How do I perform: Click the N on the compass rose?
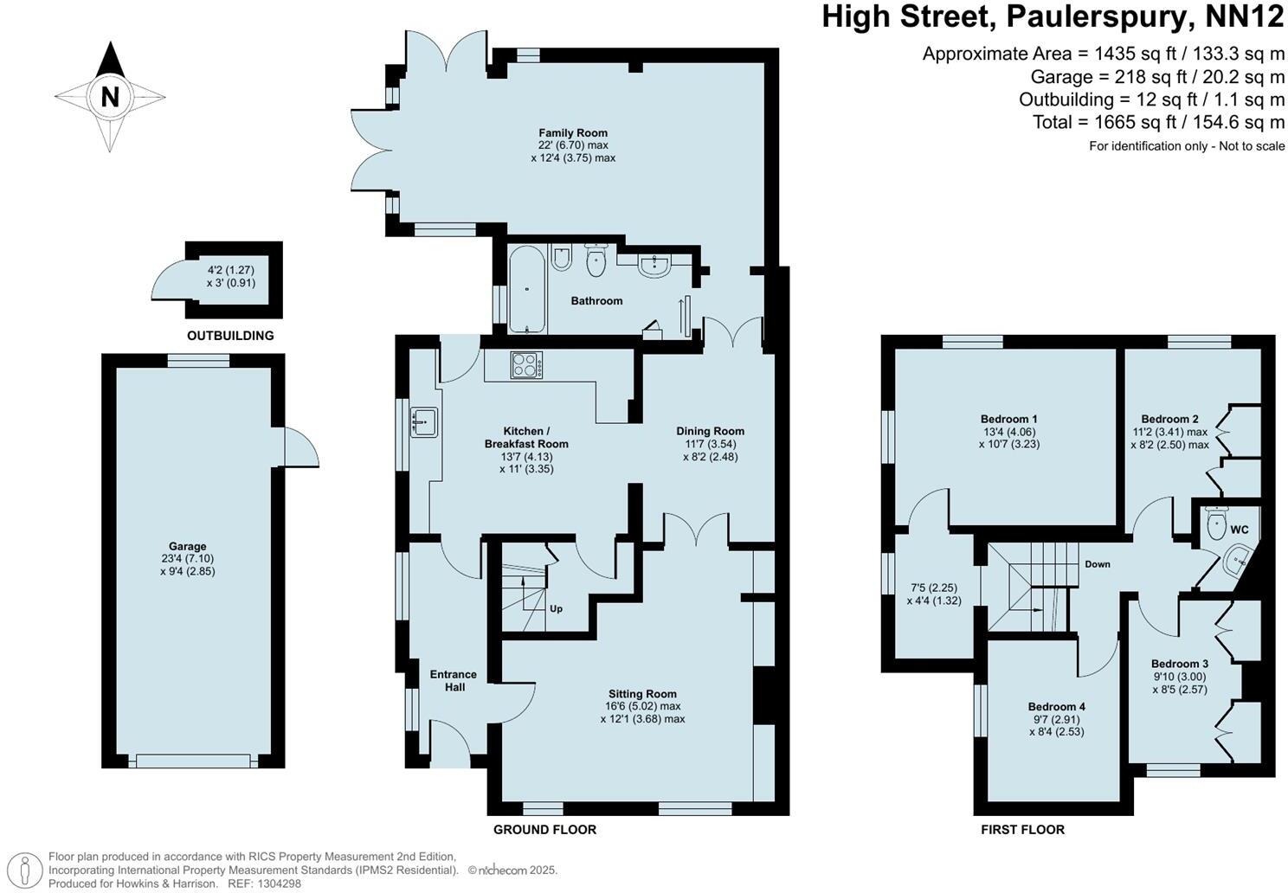[x=110, y=96]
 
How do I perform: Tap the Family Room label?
[x=573, y=132]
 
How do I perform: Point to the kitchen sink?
[x=425, y=421]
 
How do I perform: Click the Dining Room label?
[x=710, y=431]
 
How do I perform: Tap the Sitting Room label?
[x=642, y=693]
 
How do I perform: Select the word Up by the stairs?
[x=556, y=608]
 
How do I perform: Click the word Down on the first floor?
[x=1098, y=564]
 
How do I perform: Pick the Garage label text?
[x=188, y=546]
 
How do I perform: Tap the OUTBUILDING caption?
[x=230, y=336]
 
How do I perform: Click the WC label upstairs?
[x=1240, y=530]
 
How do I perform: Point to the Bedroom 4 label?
[x=1056, y=706]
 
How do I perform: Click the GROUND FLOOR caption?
[x=544, y=829]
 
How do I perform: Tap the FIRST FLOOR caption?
[x=1022, y=829]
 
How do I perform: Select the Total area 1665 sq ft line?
[x=1158, y=122]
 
